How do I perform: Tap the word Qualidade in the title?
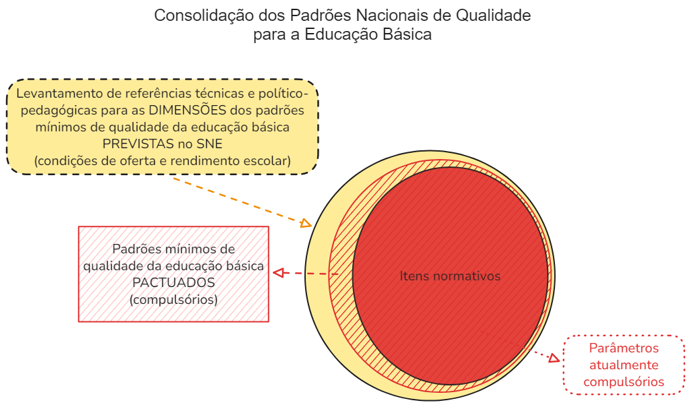click(493, 15)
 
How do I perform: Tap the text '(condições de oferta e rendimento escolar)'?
click(162, 160)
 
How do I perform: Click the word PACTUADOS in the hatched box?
click(174, 282)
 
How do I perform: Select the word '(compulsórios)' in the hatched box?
click(174, 300)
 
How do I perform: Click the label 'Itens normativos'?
click(450, 276)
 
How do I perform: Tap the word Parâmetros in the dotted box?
click(624, 348)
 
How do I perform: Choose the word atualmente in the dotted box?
click(624, 365)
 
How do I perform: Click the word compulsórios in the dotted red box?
click(624, 382)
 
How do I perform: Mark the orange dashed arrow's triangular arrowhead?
click(306, 223)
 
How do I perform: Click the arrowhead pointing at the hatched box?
click(278, 273)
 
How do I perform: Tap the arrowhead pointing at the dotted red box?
click(554, 358)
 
